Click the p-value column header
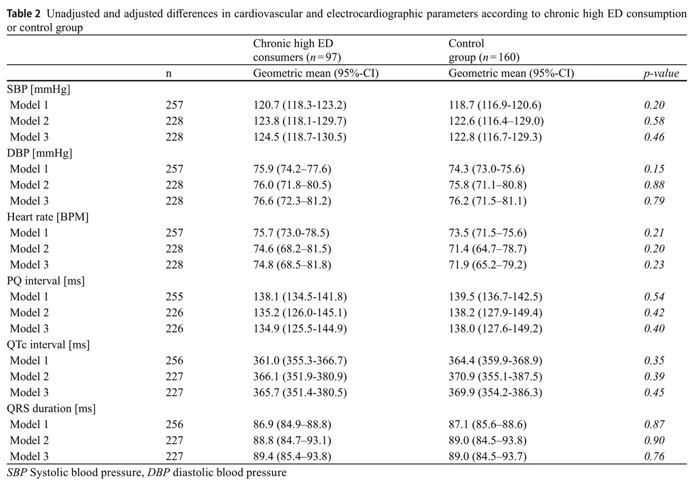[661, 74]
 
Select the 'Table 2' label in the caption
[23, 13]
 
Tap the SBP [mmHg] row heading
[39, 89]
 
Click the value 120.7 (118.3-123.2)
[300, 105]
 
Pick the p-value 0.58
[654, 121]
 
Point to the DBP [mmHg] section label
[40, 153]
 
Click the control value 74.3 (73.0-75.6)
[486, 169]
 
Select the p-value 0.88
[654, 185]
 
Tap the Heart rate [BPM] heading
[48, 217]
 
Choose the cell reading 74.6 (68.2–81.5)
[292, 249]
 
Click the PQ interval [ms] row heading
[46, 281]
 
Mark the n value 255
[174, 297]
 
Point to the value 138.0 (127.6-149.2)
[495, 329]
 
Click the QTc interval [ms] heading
[48, 345]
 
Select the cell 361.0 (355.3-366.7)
[300, 361]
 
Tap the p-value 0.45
[654, 393]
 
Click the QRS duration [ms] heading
[51, 408]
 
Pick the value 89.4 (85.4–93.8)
[292, 457]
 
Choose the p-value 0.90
[654, 441]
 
